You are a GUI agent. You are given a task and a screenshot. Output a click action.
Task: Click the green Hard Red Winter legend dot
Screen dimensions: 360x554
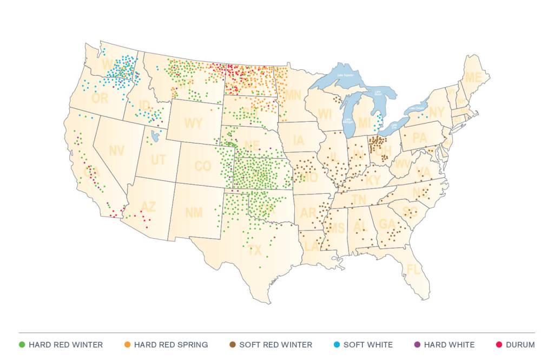22,344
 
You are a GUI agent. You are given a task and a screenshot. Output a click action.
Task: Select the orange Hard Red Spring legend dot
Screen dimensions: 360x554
127,344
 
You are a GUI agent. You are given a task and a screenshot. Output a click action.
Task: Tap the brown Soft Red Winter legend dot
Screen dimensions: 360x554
233,344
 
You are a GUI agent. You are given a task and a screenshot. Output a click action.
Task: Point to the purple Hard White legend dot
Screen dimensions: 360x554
417,344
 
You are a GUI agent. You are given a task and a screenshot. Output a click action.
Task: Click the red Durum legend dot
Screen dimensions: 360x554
498,344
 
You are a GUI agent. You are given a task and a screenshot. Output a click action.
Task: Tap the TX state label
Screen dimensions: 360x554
255,251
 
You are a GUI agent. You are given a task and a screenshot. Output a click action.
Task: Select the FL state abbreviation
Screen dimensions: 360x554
413,270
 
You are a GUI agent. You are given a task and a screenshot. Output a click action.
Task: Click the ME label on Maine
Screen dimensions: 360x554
473,78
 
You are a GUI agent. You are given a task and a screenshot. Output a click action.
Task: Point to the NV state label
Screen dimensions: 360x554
116,151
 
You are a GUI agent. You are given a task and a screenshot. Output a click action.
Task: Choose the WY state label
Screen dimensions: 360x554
193,123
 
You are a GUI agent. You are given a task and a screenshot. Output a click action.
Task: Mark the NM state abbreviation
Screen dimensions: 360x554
194,212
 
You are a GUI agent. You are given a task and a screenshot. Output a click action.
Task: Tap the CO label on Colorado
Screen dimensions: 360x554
202,167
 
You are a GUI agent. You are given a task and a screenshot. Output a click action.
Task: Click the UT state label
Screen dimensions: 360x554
158,160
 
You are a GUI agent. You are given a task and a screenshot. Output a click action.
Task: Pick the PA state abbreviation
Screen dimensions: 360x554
419,138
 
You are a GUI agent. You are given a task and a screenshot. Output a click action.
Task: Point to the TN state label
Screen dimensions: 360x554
359,200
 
